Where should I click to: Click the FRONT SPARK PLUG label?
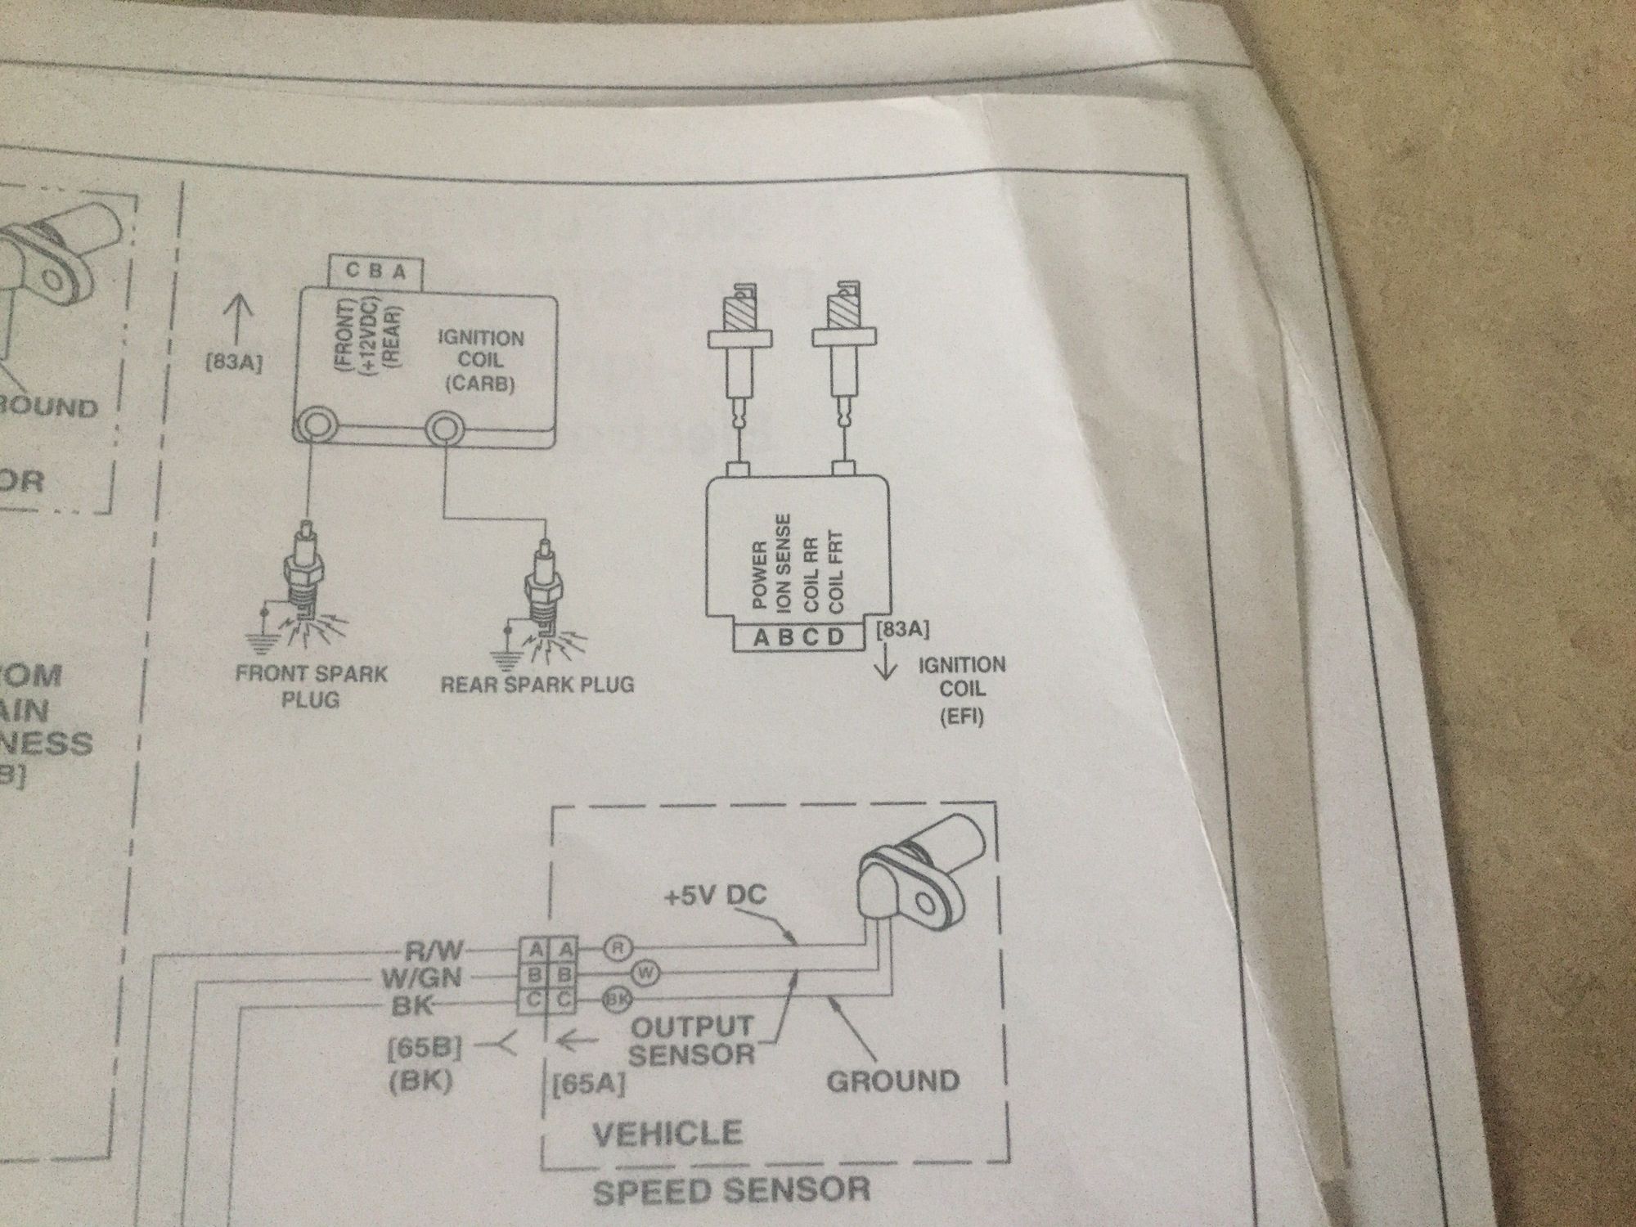311,686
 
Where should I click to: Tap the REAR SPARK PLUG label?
537,684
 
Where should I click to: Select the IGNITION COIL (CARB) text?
481,361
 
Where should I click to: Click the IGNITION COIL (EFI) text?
962,691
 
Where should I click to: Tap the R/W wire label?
434,951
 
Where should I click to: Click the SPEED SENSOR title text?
730,1189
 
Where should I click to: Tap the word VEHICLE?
667,1133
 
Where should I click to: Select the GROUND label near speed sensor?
892,1081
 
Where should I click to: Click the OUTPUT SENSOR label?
692,1039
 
